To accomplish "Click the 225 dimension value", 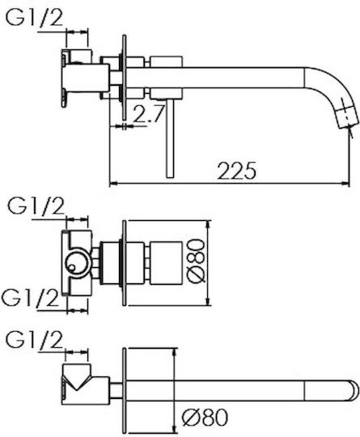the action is click(236, 171).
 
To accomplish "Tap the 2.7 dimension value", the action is click(148, 114).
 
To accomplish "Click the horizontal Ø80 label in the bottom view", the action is click(205, 418).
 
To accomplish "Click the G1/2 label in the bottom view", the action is click(34, 340).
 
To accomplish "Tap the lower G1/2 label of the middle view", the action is click(30, 298).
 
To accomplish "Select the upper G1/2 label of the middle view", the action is click(36, 206).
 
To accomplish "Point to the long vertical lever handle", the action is click(170, 138).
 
